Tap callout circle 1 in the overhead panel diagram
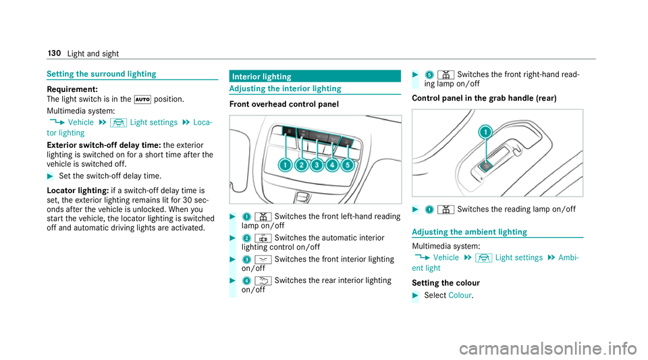pyautogui.click(x=285, y=165)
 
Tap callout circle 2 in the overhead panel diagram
pyautogui.click(x=301, y=165)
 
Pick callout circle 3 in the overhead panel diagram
pyautogui.click(x=317, y=165)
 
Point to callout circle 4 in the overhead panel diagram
pyautogui.click(x=332, y=165)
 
